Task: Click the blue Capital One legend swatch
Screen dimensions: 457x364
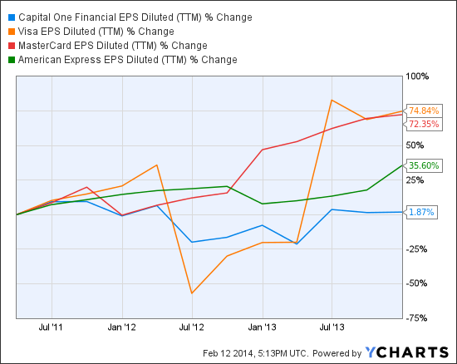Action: pos(12,17)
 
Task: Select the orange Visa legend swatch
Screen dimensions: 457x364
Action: pos(12,32)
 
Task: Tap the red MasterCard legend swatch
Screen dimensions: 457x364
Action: pos(12,46)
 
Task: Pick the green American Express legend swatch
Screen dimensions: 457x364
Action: pos(12,60)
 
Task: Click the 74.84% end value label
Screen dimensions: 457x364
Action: pos(424,111)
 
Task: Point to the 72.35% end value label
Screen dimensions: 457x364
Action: pos(424,124)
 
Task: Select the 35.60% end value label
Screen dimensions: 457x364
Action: pos(424,165)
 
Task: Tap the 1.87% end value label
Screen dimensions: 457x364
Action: pos(421,212)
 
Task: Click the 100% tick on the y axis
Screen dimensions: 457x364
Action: pos(417,76)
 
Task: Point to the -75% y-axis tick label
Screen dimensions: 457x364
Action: pos(416,318)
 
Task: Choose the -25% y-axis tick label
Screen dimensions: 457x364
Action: pos(416,249)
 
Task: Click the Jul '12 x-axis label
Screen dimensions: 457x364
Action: pos(191,327)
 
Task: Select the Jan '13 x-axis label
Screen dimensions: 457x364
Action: pos(262,327)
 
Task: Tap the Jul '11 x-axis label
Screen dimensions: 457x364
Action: pos(51,327)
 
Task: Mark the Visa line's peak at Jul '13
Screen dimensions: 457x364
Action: pos(332,101)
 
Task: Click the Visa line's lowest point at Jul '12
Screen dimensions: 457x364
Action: pos(192,293)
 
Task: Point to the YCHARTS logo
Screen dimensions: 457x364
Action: pos(407,352)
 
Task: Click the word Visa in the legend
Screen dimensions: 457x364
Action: pos(27,32)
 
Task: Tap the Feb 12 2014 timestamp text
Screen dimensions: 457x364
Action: pos(228,353)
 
